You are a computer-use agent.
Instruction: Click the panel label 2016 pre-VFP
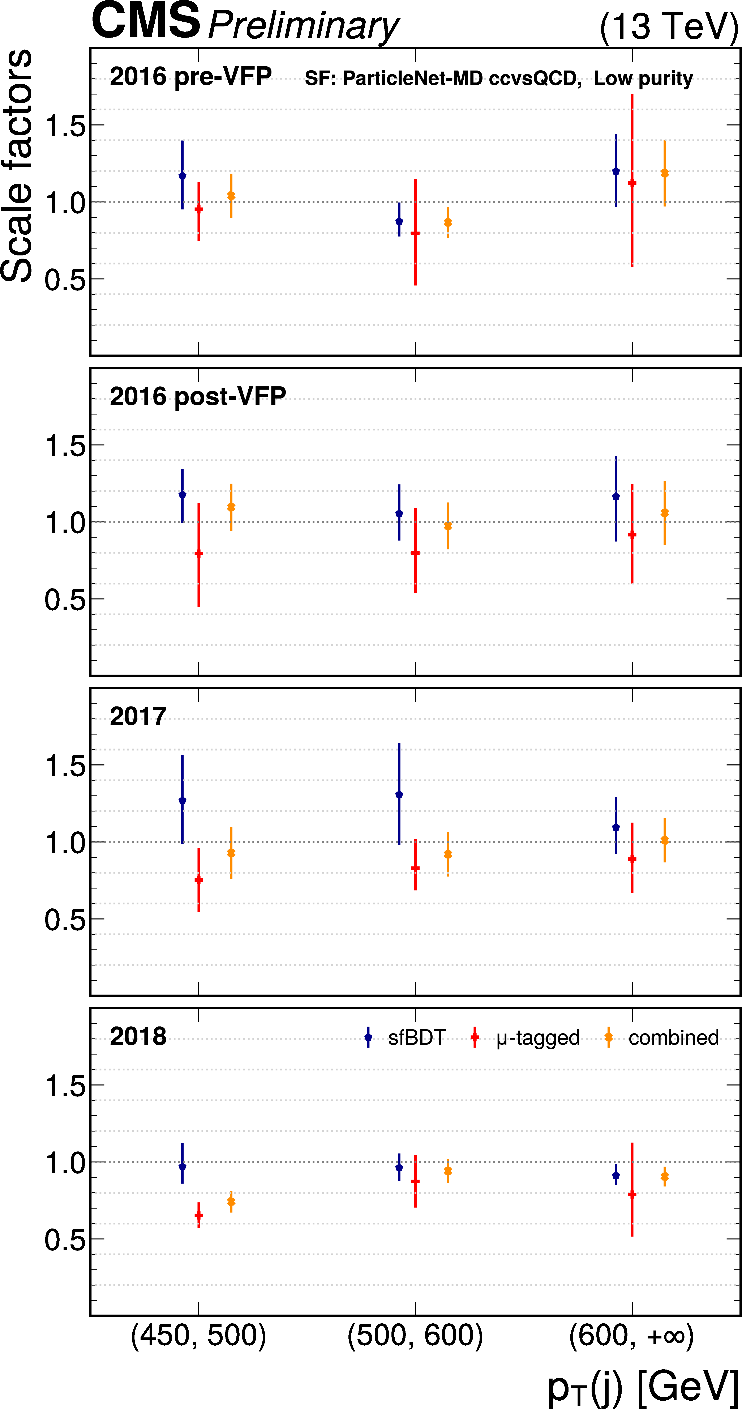(x=190, y=77)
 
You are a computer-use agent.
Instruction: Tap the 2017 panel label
(x=138, y=717)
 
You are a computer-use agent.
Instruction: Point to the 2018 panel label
(x=138, y=1036)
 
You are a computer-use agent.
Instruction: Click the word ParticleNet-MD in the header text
(x=413, y=79)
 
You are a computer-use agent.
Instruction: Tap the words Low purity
(x=643, y=79)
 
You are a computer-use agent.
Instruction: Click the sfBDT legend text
(x=417, y=1038)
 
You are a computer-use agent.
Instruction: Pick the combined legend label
(x=674, y=1038)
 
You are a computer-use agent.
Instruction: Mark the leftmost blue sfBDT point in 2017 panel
(x=183, y=800)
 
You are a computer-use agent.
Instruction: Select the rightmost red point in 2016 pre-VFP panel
(x=632, y=183)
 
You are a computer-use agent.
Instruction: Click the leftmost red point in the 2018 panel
(x=198, y=1215)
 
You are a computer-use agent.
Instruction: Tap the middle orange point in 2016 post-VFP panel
(x=448, y=526)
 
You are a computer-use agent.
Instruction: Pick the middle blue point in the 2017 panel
(x=399, y=794)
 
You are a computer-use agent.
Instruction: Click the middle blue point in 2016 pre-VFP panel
(x=399, y=221)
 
